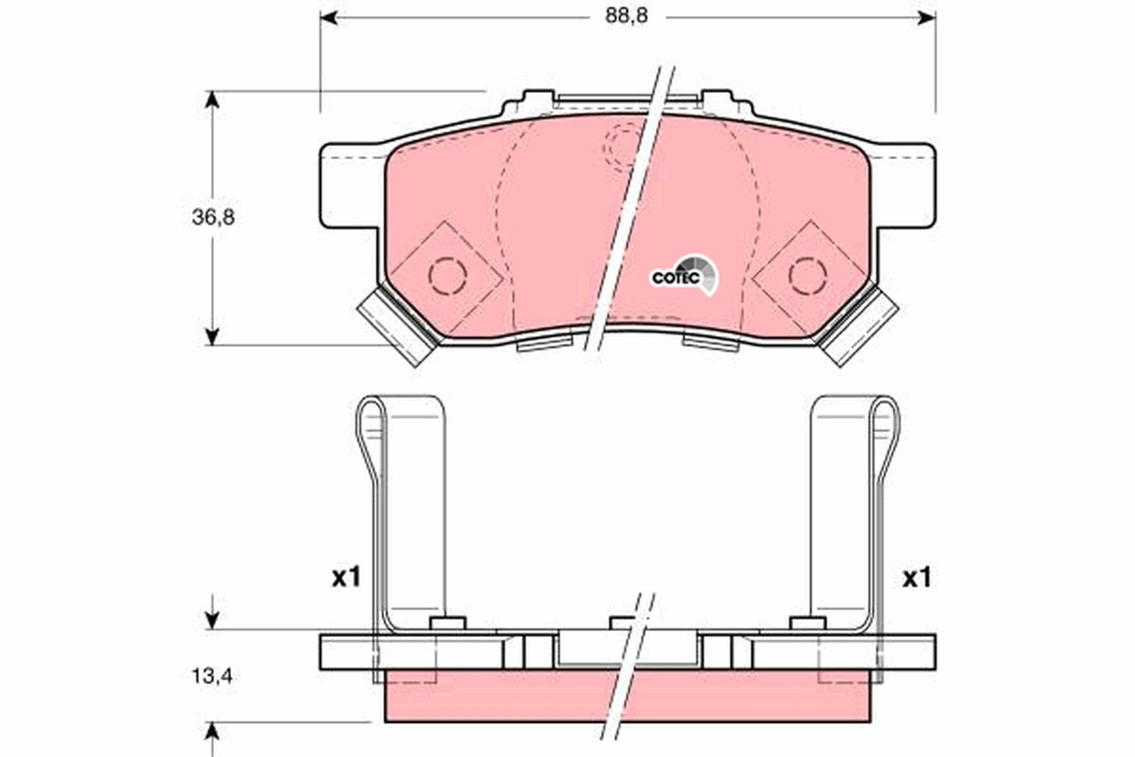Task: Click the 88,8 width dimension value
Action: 627,17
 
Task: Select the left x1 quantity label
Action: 345,577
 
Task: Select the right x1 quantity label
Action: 915,577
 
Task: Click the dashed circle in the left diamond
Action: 447,275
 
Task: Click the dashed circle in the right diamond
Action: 807,275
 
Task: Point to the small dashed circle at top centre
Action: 625,145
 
